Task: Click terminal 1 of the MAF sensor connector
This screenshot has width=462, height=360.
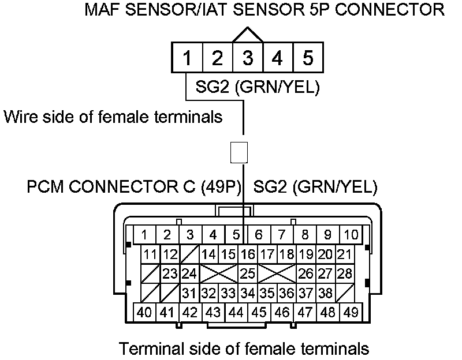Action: point(187,58)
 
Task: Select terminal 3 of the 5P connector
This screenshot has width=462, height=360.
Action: point(247,58)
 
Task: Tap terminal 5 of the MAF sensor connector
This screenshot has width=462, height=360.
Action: point(307,58)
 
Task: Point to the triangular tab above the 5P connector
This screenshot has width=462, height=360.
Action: point(247,35)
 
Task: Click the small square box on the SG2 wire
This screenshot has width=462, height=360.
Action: point(239,152)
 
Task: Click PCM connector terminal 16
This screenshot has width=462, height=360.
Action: point(247,254)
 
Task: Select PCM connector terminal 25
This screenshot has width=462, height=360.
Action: point(247,273)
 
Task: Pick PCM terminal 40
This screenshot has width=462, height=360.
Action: point(144,312)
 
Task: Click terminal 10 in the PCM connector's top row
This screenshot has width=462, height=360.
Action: point(351,235)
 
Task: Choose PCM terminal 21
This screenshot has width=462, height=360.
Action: point(344,254)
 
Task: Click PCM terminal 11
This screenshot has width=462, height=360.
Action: point(151,254)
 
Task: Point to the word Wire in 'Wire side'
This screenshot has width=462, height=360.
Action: point(20,117)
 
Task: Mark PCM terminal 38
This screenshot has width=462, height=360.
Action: point(325,292)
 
